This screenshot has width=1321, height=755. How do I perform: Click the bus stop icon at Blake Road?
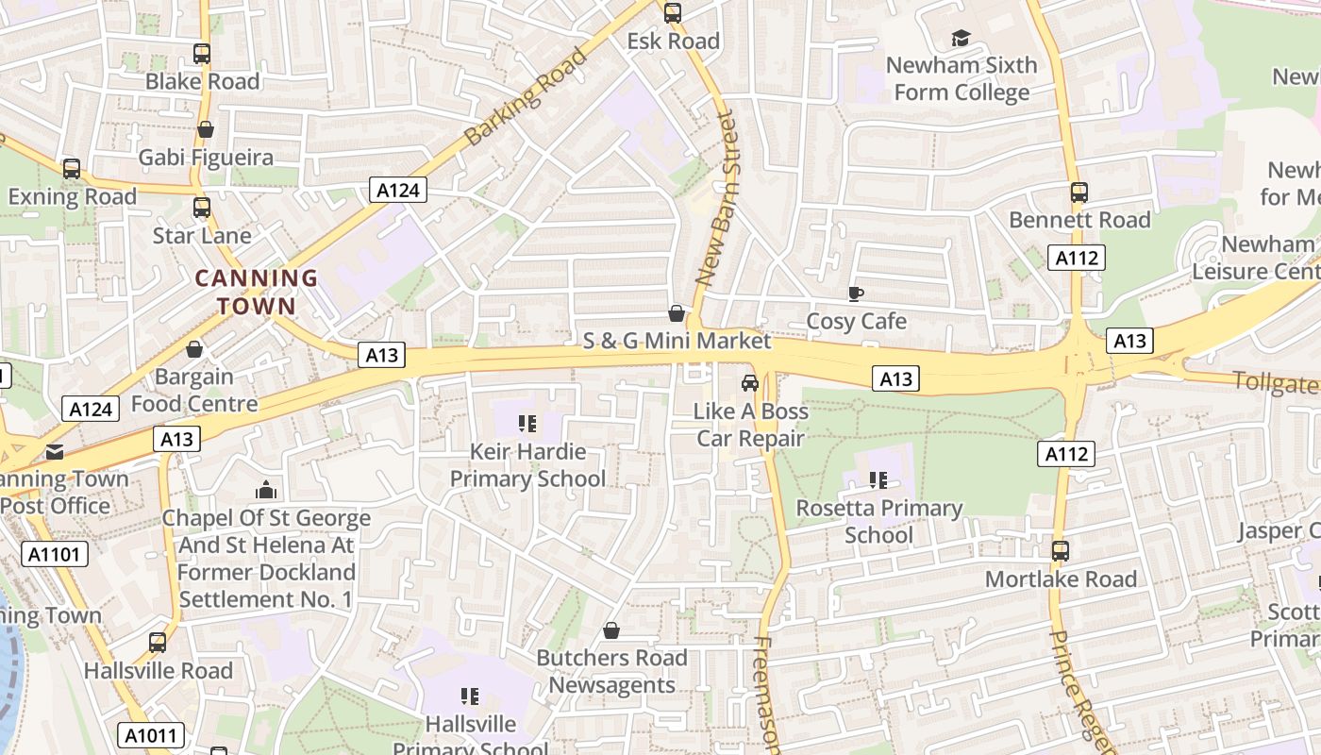(201, 54)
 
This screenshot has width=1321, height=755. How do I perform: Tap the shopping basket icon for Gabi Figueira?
(205, 129)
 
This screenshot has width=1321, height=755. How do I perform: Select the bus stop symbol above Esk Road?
(672, 13)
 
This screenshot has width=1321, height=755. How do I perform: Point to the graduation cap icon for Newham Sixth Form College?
(961, 38)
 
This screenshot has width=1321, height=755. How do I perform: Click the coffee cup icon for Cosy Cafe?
(855, 294)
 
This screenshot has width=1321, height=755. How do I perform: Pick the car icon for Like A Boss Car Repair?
(750, 383)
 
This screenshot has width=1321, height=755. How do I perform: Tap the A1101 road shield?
(54, 554)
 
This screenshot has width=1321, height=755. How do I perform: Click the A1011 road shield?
(152, 735)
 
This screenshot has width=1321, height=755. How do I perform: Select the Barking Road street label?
(526, 95)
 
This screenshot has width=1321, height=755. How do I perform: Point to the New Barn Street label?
(714, 198)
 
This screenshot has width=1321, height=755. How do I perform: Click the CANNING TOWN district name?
(256, 293)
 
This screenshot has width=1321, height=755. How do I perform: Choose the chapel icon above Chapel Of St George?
(266, 490)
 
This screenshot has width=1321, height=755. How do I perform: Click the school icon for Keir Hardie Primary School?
(527, 424)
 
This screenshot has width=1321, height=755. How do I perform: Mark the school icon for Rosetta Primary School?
(878, 480)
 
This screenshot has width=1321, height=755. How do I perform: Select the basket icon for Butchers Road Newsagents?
(611, 630)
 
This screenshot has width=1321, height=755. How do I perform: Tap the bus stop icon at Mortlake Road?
(1061, 550)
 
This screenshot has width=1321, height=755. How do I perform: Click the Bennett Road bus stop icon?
(1079, 193)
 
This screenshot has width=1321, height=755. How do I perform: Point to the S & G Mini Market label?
(677, 341)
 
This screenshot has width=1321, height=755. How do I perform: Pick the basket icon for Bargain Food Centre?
(194, 349)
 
